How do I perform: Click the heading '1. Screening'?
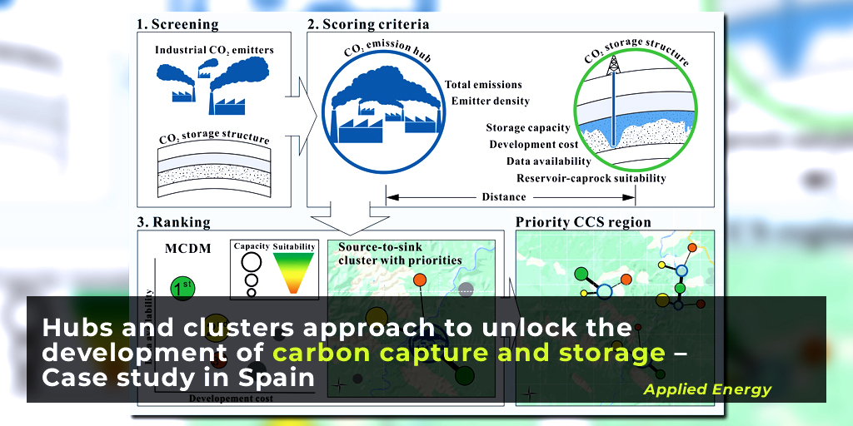tap(177, 24)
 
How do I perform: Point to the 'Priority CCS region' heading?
tap(583, 222)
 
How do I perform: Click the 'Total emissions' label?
tap(483, 85)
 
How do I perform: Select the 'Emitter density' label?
tap(490, 102)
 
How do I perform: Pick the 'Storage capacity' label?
tap(528, 128)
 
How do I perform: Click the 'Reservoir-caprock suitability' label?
tap(591, 178)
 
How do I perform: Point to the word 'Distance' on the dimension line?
tap(504, 197)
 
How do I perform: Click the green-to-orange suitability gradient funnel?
tap(293, 274)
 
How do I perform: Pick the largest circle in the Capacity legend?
tap(251, 262)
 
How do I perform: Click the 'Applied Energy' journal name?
tap(707, 389)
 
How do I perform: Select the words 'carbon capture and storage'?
tap(469, 353)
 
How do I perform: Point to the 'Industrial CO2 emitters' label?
tap(214, 51)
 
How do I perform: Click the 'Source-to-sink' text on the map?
tap(378, 248)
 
